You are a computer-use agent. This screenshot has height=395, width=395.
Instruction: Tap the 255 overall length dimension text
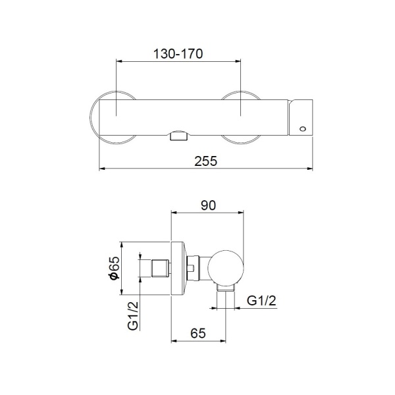[206, 161]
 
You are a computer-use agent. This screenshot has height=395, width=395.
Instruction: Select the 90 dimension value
[208, 205]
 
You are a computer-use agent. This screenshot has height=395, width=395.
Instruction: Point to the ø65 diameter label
[114, 269]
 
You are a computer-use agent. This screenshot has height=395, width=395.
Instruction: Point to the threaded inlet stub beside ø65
[161, 269]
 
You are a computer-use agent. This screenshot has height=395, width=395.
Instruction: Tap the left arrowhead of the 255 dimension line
[101, 169]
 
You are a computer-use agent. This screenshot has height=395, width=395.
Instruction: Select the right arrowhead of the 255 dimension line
[312, 169]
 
